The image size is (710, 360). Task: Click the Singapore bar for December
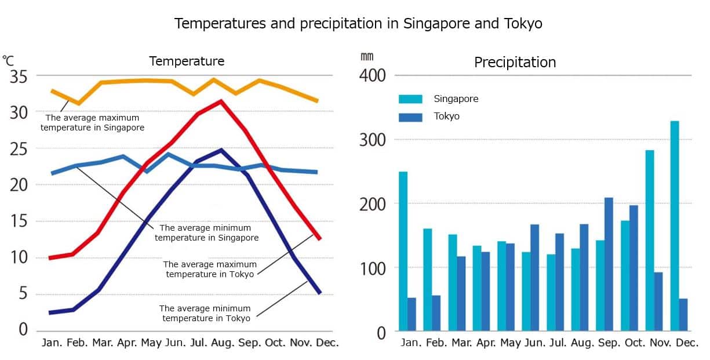click(x=675, y=226)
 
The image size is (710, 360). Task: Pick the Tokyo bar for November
click(x=658, y=301)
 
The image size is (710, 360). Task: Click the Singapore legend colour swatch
click(x=410, y=99)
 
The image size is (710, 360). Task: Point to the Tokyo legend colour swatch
click(x=410, y=117)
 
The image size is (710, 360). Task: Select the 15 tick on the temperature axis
click(x=19, y=221)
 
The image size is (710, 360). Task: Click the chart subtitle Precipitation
click(x=515, y=62)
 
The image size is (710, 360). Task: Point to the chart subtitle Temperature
click(x=187, y=61)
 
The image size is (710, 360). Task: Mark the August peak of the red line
click(x=220, y=101)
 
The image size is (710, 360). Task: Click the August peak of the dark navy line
click(x=220, y=150)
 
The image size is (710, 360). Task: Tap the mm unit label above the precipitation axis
click(x=367, y=56)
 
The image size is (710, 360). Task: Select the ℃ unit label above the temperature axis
click(x=8, y=59)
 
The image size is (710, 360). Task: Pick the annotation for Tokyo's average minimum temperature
click(x=206, y=313)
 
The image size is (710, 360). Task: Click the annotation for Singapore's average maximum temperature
click(x=92, y=122)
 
